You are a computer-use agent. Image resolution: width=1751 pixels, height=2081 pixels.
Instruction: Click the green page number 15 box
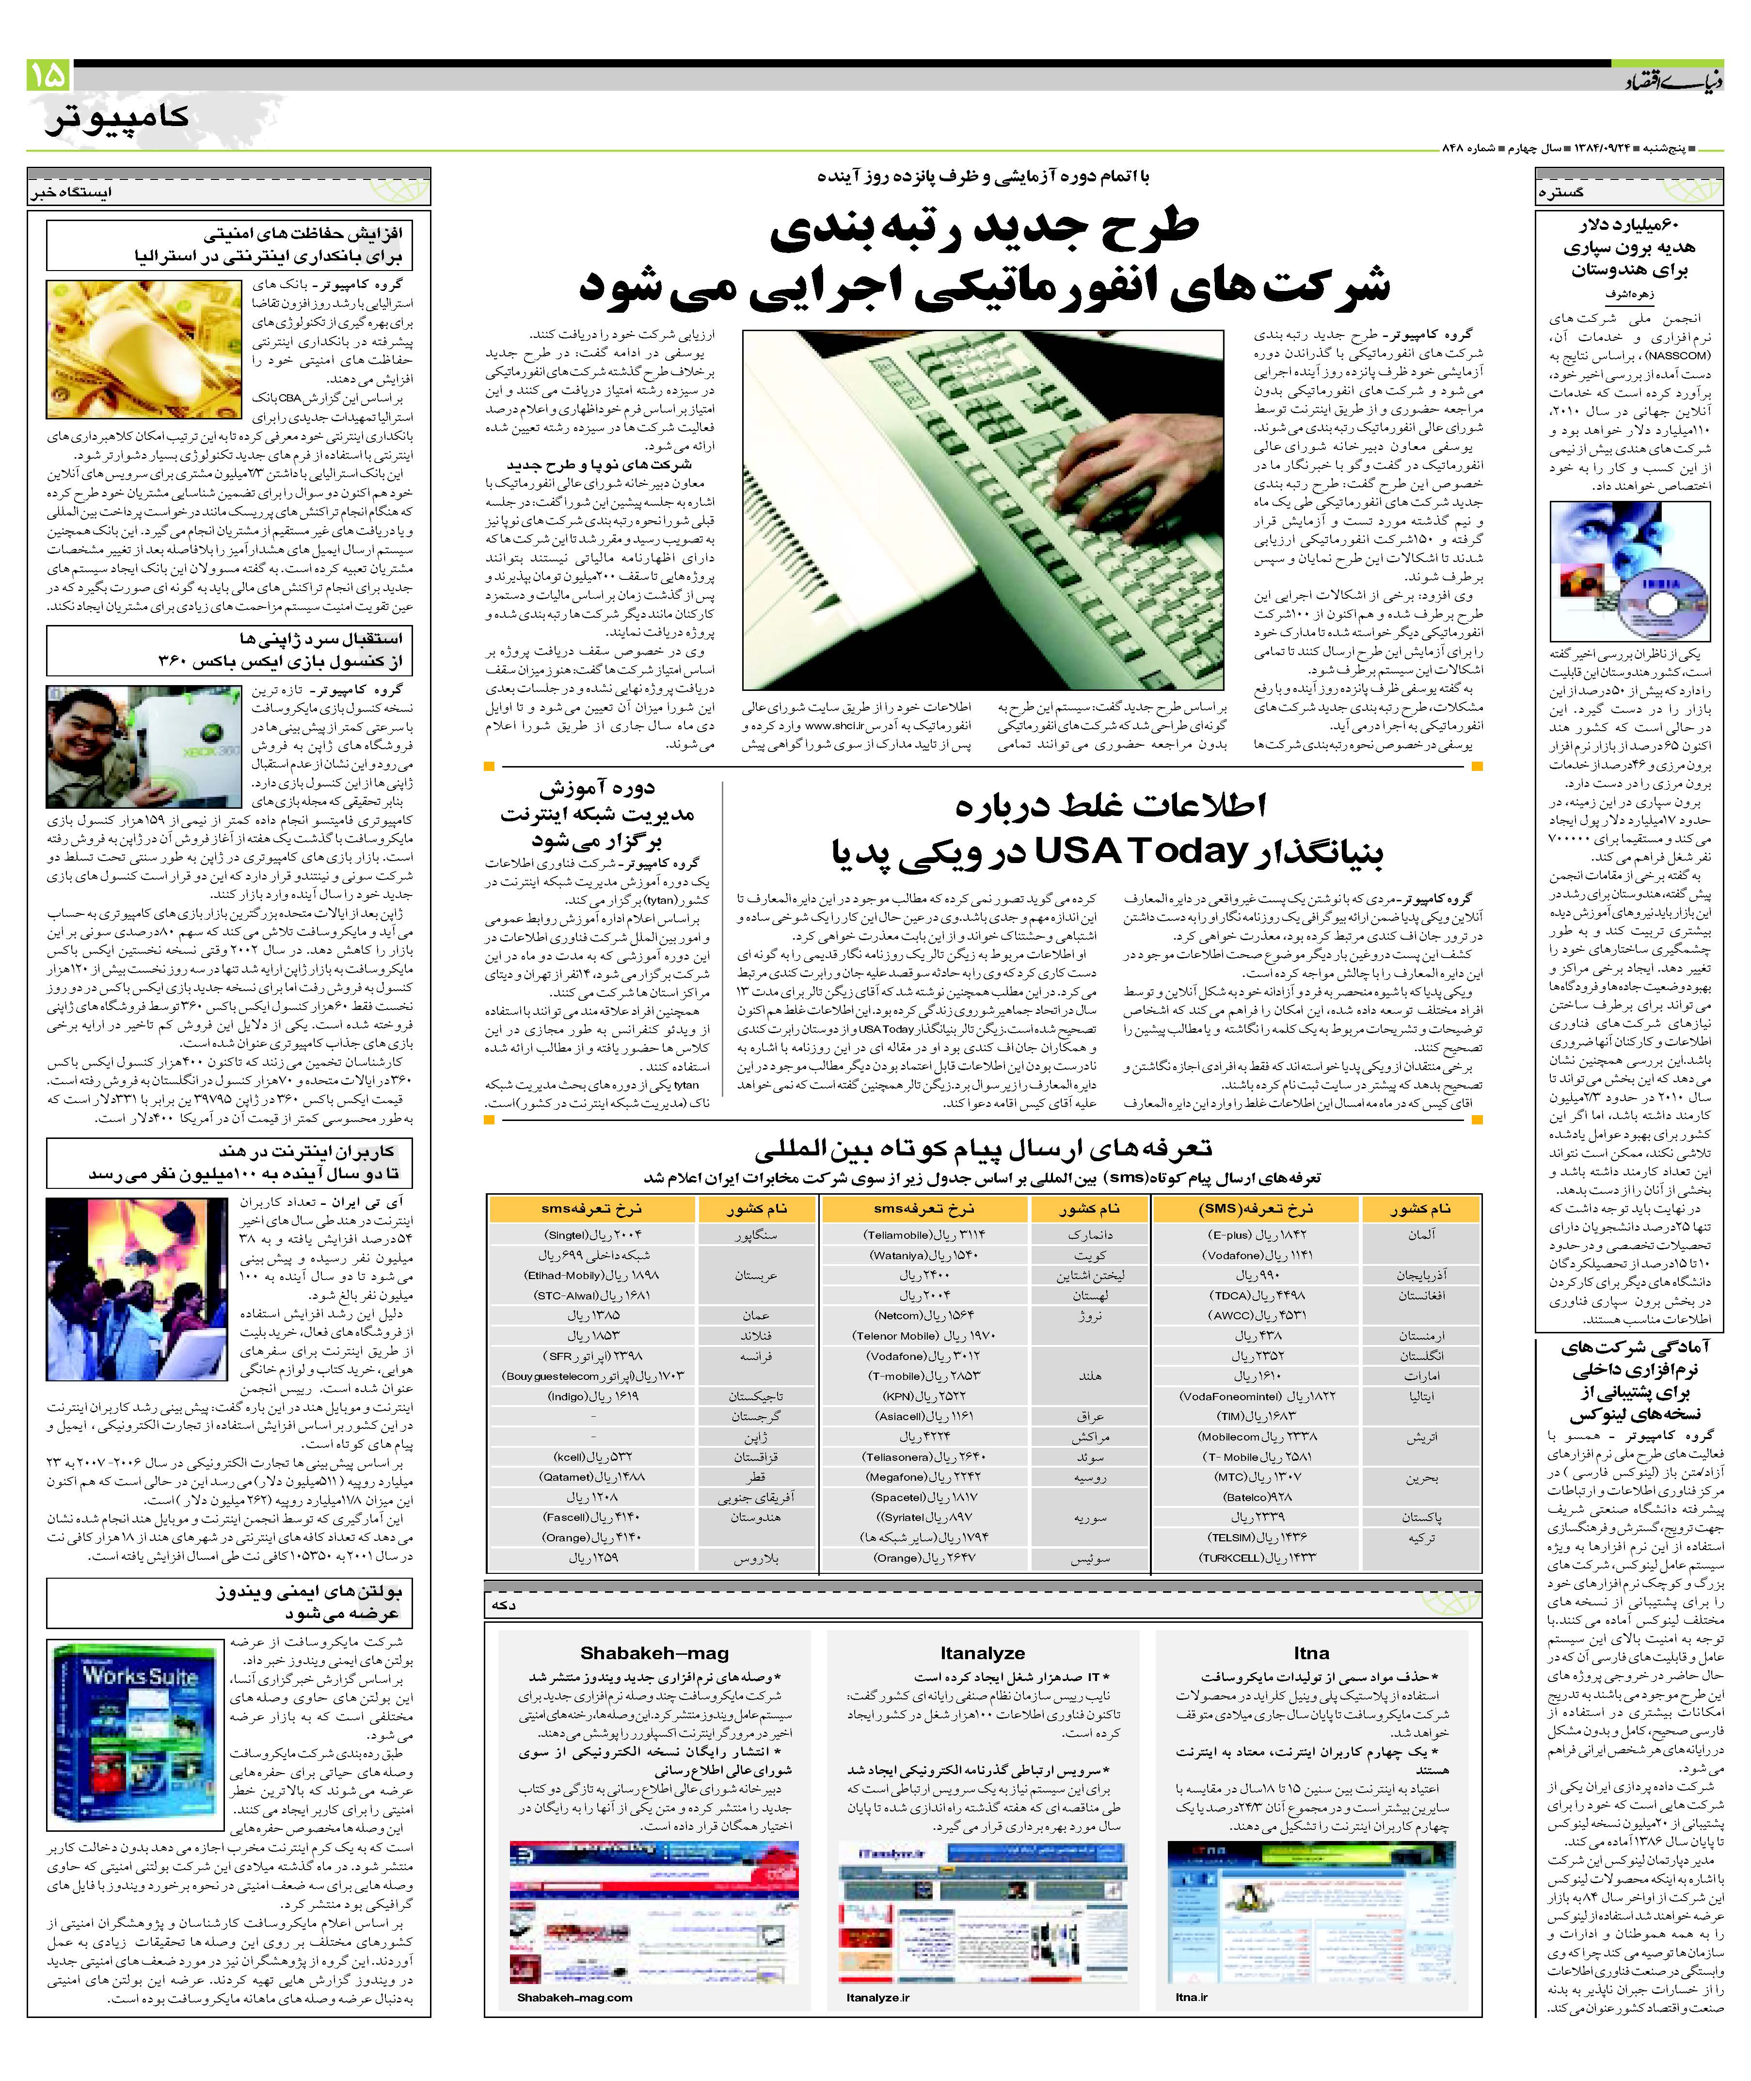pos(48,76)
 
